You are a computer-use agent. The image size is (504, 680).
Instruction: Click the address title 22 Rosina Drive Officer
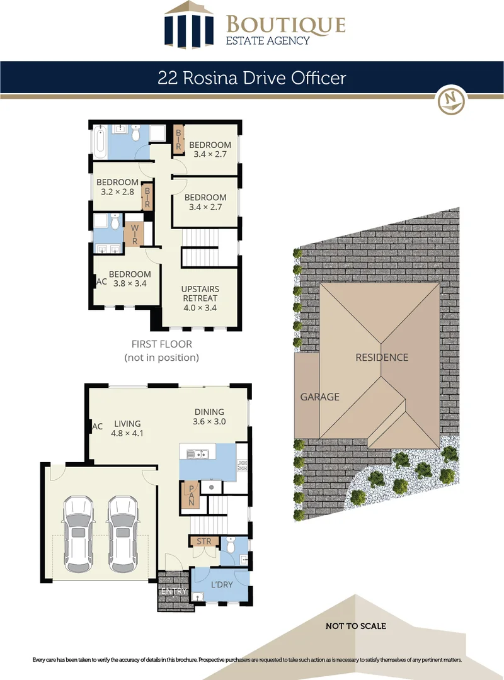point(251,78)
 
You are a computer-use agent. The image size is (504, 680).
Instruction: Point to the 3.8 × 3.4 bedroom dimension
point(130,284)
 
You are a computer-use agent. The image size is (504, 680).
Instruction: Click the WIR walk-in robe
point(134,232)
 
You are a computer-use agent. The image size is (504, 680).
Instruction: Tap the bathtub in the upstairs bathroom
point(100,141)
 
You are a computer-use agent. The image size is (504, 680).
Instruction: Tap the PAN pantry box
point(191,494)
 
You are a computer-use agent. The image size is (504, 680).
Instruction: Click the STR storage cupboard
point(203,541)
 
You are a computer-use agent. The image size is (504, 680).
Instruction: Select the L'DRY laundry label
point(221,584)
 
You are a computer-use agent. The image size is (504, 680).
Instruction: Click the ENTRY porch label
point(174,591)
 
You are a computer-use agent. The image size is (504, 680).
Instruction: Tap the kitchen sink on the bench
point(199,452)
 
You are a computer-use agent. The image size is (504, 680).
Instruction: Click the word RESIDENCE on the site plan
point(382,357)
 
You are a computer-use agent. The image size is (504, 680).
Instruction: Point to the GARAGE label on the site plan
point(319,397)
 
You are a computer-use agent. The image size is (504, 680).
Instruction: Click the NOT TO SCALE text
point(355,626)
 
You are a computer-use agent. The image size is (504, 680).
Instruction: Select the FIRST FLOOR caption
point(161,344)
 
